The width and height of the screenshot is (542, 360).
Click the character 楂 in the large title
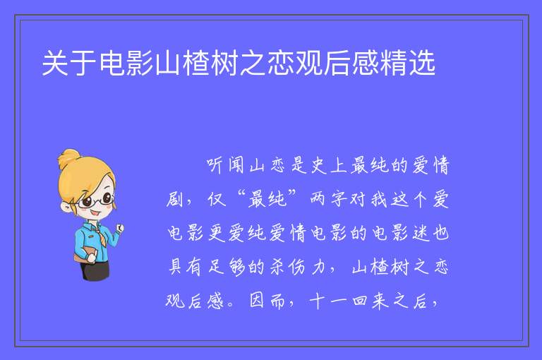click(x=196, y=63)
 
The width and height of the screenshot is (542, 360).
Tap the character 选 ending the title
click(x=422, y=63)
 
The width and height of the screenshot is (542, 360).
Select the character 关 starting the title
click(x=55, y=63)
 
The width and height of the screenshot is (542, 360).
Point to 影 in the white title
click(x=140, y=63)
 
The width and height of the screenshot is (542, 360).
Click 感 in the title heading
click(x=366, y=63)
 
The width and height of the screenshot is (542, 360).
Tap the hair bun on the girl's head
click(x=69, y=158)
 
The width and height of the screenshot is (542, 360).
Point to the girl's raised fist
click(x=119, y=227)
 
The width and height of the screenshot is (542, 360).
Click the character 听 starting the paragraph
click(x=215, y=165)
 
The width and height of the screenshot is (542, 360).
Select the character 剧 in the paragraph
click(x=174, y=199)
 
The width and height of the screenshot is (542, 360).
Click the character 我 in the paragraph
click(x=379, y=199)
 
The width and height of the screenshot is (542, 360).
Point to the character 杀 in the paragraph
click(x=277, y=267)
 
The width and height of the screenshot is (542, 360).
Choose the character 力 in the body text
click(x=318, y=267)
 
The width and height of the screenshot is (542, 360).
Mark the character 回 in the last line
click(x=359, y=301)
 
